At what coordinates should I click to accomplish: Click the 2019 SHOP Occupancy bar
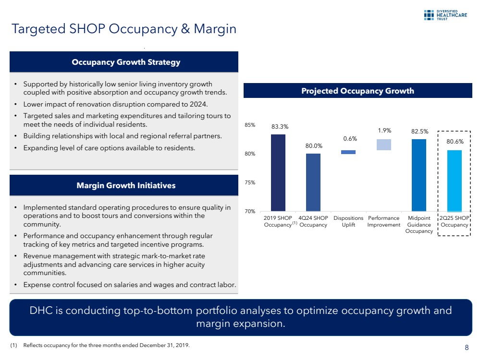coord(278,173)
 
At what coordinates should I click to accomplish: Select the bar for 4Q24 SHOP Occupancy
coord(313,182)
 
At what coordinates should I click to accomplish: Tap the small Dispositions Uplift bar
coord(348,152)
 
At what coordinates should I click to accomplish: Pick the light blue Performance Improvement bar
coord(384,144)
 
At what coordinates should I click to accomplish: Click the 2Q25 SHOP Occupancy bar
coord(454,180)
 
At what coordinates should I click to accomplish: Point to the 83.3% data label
coord(280,127)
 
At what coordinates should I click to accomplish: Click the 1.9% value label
coord(384,130)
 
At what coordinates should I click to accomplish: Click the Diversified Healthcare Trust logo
coord(445,15)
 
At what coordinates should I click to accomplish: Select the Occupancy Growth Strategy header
coord(126,62)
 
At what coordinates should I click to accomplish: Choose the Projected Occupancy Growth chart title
coord(357,91)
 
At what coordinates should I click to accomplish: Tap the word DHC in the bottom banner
coord(42,311)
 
